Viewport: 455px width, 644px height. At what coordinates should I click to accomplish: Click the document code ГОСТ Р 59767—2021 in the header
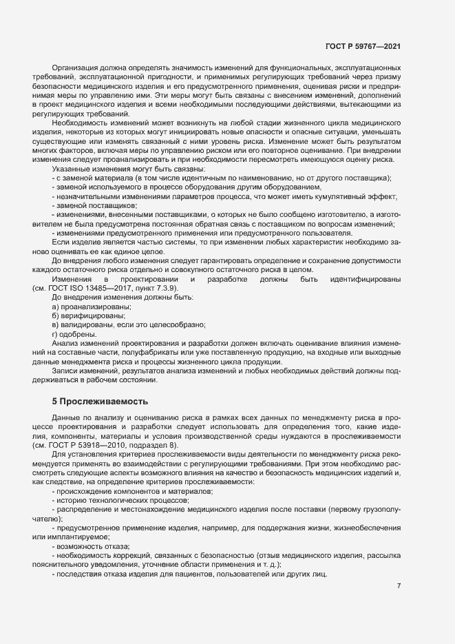pyautogui.click(x=363, y=48)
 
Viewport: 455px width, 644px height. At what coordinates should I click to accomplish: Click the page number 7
pyautogui.click(x=399, y=585)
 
